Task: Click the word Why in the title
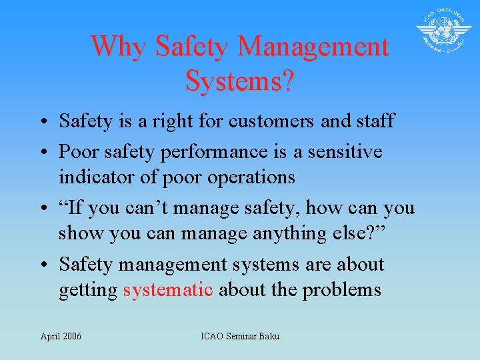[118, 47]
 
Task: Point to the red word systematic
[168, 290]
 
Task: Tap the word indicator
[91, 177]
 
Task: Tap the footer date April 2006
[61, 336]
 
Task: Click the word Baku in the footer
[269, 336]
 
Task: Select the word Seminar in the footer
[241, 336]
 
